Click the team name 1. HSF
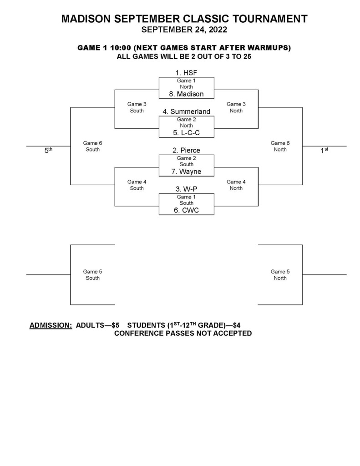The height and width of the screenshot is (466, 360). point(186,73)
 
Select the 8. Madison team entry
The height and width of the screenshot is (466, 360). point(186,94)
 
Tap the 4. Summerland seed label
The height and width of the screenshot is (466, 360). point(186,111)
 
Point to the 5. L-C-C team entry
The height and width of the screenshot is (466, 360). point(186,133)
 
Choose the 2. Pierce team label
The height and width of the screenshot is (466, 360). point(186,150)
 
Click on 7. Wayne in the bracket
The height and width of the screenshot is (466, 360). point(186,172)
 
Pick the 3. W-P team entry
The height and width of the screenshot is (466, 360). point(186,189)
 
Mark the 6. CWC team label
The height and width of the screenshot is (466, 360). point(186,210)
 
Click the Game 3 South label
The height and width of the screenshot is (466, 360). point(137,107)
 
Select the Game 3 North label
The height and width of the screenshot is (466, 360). point(236,107)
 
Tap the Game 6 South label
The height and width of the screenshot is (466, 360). point(92,146)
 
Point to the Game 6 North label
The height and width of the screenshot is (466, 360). point(280,146)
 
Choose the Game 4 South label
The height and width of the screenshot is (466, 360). point(137,185)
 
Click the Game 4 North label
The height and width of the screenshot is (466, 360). point(236,185)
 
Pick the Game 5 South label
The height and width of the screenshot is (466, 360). point(92,275)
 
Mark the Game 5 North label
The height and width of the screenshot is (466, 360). point(280,275)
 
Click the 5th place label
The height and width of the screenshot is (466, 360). point(48,150)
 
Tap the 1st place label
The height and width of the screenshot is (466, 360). point(324,150)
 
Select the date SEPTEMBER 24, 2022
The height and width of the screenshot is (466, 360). point(184,30)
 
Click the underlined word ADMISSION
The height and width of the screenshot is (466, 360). point(51,325)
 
